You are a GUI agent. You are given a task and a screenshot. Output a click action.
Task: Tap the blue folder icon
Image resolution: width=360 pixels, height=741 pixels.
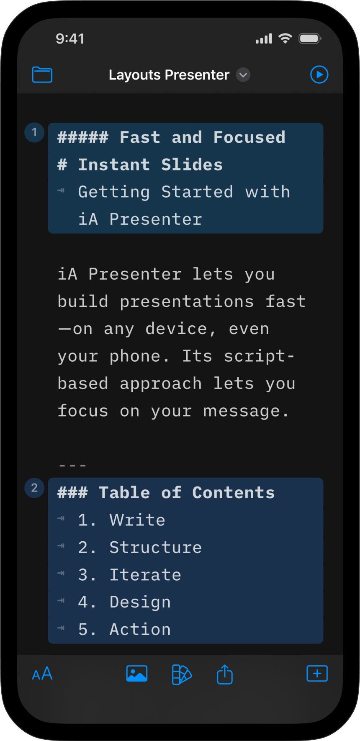click(x=42, y=75)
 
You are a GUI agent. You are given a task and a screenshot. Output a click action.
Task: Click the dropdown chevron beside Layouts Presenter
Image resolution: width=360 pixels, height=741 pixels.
click(x=243, y=75)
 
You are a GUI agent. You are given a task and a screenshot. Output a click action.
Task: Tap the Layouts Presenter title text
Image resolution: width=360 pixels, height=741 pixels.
click(x=169, y=75)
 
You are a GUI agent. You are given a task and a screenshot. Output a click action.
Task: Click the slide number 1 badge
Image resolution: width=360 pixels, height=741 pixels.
click(x=34, y=133)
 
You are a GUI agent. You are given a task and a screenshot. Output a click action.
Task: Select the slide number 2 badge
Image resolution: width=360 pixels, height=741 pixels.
click(x=34, y=488)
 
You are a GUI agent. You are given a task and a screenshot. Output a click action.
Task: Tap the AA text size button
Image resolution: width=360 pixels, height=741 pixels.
click(x=42, y=674)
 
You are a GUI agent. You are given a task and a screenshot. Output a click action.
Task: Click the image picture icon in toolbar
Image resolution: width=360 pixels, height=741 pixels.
click(x=137, y=674)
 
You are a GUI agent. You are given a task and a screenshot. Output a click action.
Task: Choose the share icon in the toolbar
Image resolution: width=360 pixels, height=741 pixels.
click(x=225, y=674)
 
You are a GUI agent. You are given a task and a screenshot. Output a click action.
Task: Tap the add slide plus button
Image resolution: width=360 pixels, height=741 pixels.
click(x=317, y=674)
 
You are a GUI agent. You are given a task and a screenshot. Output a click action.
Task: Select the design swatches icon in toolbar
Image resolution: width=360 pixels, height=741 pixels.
click(x=182, y=674)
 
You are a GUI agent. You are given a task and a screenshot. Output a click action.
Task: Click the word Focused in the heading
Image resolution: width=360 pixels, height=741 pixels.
click(x=249, y=137)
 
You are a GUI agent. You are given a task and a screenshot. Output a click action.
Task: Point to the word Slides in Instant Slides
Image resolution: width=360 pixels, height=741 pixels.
click(x=192, y=165)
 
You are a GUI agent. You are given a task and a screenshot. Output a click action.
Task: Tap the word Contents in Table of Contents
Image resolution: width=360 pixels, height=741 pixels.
click(x=234, y=493)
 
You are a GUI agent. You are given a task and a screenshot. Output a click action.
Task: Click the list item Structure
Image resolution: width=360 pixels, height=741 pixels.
click(x=155, y=548)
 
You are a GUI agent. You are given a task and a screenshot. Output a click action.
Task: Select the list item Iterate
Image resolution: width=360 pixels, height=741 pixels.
click(x=145, y=575)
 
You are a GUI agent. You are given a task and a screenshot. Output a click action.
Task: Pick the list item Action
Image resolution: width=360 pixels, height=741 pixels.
click(x=140, y=629)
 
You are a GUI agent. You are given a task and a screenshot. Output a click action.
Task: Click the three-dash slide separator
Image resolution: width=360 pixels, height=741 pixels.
click(x=72, y=465)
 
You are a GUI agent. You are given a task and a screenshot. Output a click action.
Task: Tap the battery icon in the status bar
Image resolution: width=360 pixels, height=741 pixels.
click(x=310, y=39)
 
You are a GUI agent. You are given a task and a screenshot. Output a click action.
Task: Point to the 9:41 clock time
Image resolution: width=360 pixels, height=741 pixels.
click(x=70, y=39)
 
